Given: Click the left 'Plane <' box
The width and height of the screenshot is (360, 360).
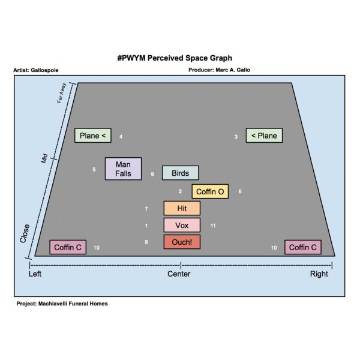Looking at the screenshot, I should (92, 136).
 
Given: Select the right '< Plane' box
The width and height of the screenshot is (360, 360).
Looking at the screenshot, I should (264, 136).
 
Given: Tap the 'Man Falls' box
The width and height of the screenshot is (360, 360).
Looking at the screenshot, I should (123, 169).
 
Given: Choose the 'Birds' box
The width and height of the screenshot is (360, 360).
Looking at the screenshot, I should (180, 173).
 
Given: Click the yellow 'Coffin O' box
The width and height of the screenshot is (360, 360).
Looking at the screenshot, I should (210, 191).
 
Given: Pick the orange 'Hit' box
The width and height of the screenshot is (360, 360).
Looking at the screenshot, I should (182, 208).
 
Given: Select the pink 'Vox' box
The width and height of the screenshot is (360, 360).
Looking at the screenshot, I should (182, 225).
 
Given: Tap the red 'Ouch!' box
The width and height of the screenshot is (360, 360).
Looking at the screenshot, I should (182, 242).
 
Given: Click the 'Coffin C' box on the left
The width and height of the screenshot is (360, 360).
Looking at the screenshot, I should (67, 247).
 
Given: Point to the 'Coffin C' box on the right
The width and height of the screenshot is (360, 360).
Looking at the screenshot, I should (303, 247).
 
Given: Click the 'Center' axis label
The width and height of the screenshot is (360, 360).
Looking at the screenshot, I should (179, 274).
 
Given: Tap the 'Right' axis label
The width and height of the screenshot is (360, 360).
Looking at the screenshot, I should (319, 274).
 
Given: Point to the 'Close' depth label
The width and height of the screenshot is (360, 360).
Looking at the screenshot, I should (25, 233).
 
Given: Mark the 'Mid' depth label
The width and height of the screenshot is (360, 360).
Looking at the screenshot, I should (44, 158).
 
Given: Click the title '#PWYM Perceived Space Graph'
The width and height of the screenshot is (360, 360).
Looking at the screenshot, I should (175, 58).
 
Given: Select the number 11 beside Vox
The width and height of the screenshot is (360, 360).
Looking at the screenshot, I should (213, 226).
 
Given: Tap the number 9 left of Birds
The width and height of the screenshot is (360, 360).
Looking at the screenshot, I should (152, 174).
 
